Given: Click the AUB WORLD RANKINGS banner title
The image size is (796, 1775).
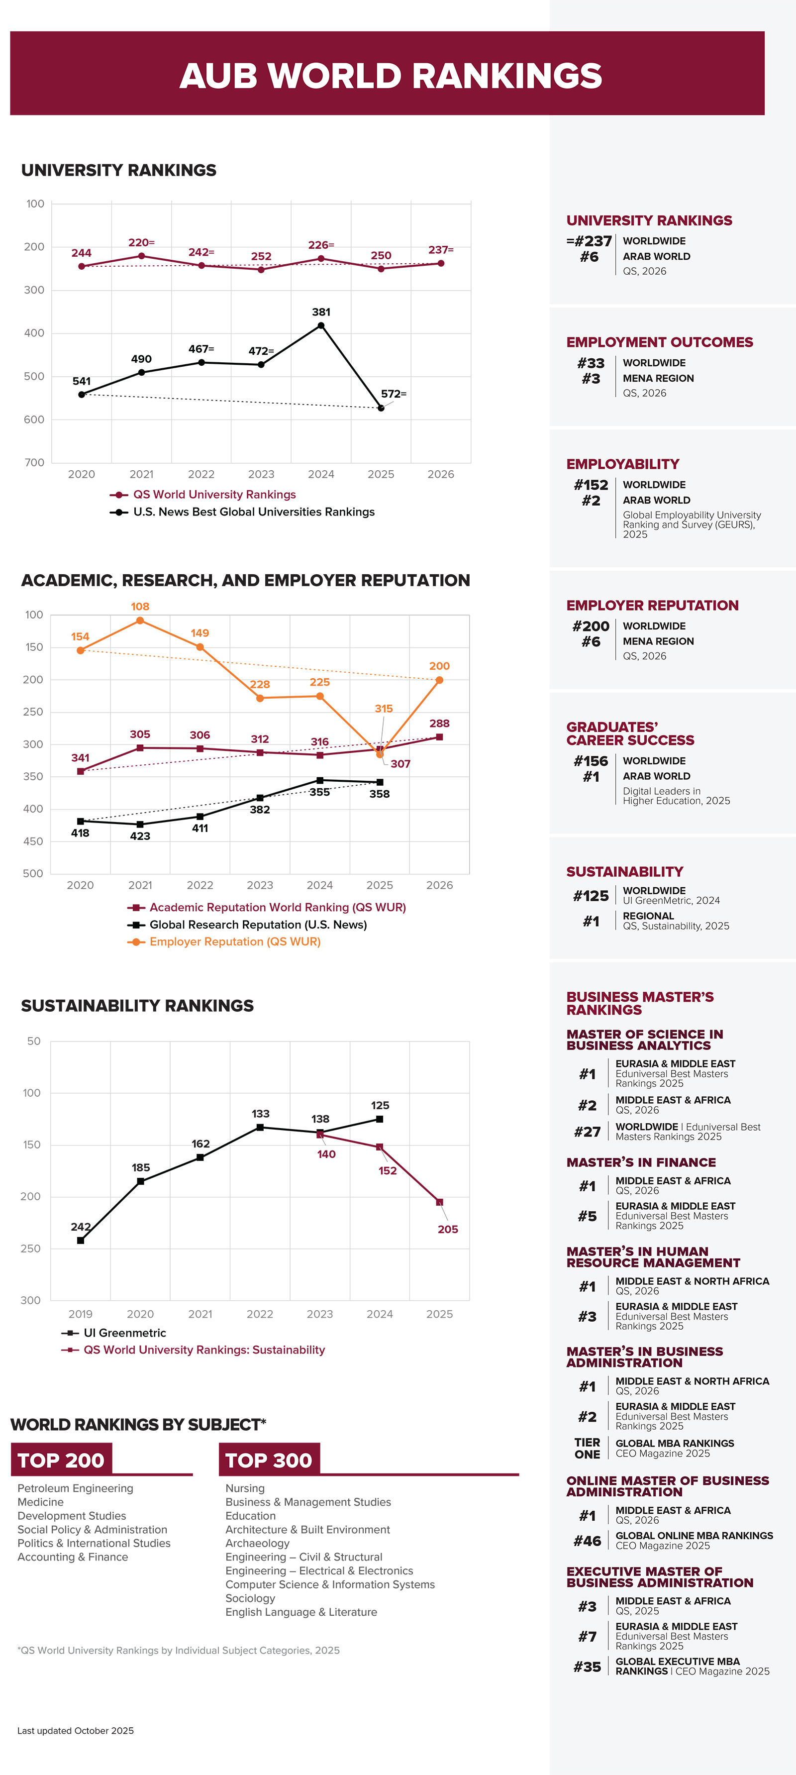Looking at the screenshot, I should coord(390,75).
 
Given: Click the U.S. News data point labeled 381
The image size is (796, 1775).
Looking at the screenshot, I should coord(320,325).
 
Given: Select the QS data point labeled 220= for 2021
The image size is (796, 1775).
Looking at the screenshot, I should coord(141,256).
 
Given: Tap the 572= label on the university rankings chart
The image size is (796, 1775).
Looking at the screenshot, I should coord(394,394).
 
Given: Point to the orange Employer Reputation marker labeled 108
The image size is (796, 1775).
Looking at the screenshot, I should coord(140,620).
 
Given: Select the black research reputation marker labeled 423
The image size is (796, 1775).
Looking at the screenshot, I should coord(140,824).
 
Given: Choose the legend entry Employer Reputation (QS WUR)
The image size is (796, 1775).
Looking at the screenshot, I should coord(234,942).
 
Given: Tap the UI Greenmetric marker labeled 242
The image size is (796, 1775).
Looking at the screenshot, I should coord(81,1240).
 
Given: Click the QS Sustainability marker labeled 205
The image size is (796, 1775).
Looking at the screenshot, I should coord(439,1202).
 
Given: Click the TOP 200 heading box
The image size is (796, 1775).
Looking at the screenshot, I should coord(61,1460).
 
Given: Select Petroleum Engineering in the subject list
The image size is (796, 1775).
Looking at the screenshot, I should coord(75,1488).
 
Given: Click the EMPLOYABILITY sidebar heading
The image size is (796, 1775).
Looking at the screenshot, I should coord(622,464).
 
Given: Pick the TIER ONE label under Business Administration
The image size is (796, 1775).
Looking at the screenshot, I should coord(587,1449).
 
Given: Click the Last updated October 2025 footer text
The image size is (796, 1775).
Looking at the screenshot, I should coord(75,1731).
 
